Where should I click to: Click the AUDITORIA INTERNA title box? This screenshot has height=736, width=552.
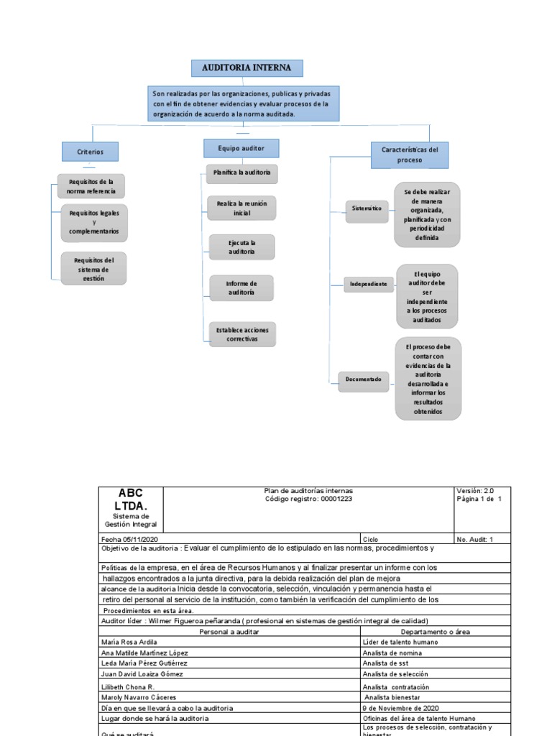(x=247, y=68)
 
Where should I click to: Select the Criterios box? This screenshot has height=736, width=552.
(x=91, y=152)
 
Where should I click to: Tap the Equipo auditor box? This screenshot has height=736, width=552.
(x=241, y=148)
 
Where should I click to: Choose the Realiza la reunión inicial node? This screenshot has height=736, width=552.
(x=241, y=208)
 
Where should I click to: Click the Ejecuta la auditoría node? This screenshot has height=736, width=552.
(x=241, y=247)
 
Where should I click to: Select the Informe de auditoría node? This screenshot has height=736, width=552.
(x=241, y=287)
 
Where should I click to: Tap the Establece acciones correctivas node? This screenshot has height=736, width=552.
(x=241, y=333)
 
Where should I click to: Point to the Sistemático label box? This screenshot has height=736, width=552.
(x=367, y=208)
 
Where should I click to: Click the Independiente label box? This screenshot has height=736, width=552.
(x=369, y=284)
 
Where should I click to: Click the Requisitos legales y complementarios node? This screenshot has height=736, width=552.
(x=94, y=222)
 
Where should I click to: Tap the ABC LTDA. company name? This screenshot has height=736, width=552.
(x=130, y=500)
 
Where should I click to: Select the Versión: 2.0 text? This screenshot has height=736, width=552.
(x=475, y=491)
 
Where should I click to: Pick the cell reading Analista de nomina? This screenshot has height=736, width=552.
(x=395, y=653)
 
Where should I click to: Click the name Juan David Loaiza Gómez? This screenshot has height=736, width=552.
(x=142, y=674)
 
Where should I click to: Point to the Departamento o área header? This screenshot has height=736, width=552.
(x=435, y=631)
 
